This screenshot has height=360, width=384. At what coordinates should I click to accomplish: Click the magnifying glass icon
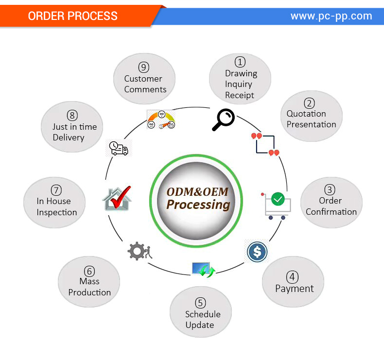223,120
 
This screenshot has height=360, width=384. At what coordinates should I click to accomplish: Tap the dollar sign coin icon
257,252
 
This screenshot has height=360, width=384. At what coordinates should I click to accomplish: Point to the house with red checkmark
117,198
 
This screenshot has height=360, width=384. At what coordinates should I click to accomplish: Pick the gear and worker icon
140,251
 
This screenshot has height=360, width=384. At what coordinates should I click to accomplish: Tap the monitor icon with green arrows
203,269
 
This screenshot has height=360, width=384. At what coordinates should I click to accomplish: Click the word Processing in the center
198,205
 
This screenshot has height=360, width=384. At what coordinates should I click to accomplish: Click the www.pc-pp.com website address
331,16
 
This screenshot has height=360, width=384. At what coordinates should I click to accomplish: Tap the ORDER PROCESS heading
73,16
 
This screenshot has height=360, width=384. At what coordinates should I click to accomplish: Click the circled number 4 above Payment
293,277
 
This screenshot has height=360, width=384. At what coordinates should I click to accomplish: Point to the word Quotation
306,114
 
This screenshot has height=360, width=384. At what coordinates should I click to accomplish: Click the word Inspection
57,212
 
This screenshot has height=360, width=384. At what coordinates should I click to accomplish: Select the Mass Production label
89,287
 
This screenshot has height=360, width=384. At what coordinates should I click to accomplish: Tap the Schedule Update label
202,319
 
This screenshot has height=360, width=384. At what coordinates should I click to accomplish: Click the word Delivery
69,137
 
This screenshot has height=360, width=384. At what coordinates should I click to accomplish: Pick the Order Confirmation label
331,206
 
